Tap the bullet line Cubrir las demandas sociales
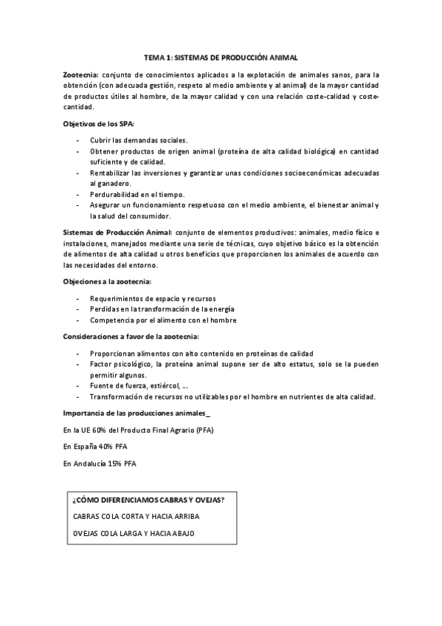tap(139, 140)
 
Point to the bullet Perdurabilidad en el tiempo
tap(138, 193)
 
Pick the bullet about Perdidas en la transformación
tap(162, 309)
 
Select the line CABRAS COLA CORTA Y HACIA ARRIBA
tap(136, 517)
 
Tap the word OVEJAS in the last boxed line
tap(86, 533)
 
